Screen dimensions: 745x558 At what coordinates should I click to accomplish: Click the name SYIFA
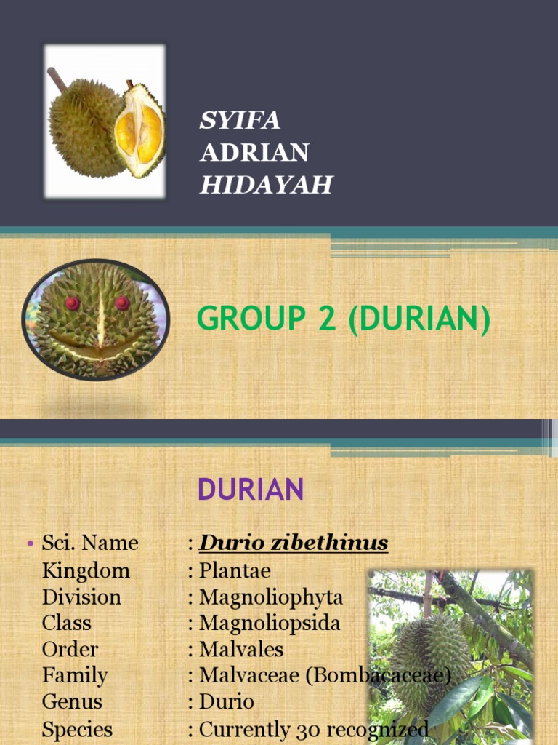240,120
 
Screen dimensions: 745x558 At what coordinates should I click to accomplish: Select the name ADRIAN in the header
254,153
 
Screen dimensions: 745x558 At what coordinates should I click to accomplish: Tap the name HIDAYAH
266,185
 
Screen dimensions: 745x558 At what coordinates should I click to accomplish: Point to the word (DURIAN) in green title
419,320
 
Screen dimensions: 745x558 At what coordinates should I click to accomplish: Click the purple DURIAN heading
251,490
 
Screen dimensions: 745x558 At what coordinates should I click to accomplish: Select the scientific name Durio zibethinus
294,543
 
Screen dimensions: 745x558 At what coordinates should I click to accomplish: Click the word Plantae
235,570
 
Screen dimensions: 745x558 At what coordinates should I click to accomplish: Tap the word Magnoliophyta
271,597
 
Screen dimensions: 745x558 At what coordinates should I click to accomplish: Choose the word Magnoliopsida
270,624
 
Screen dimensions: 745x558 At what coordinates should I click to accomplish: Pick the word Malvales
241,650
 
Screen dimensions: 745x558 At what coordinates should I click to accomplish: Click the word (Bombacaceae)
379,676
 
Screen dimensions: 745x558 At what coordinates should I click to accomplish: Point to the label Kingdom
86,570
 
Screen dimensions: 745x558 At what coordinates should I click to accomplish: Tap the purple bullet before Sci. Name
31,544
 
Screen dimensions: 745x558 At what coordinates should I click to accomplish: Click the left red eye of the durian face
72,303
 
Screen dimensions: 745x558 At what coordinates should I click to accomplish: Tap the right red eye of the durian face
122,302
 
